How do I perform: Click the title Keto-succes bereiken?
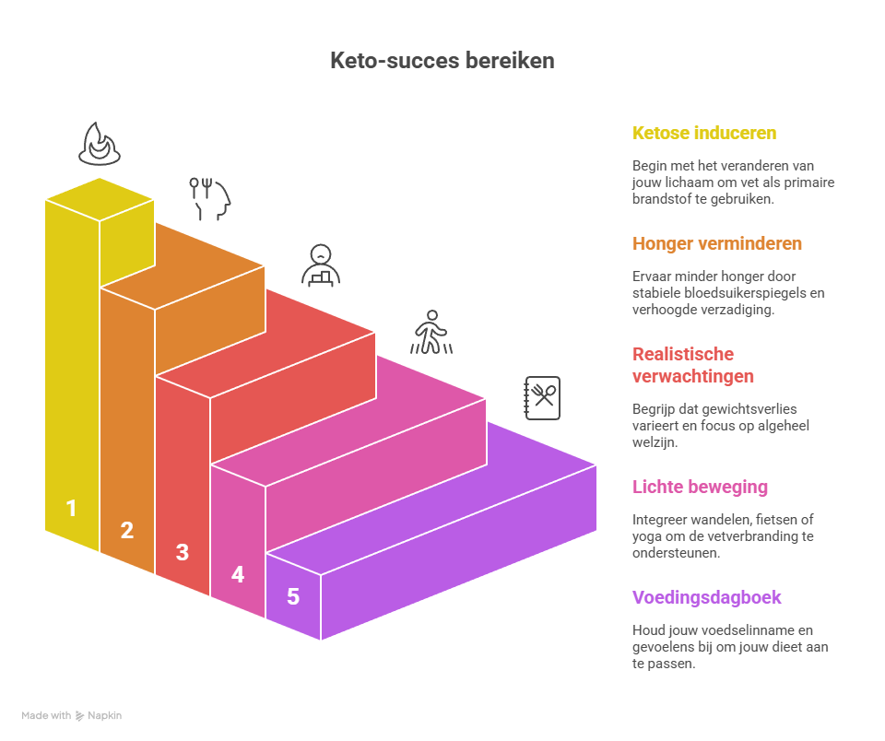click(442, 61)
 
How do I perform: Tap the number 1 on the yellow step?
click(71, 508)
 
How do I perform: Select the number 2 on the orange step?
click(127, 530)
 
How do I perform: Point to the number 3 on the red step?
click(183, 552)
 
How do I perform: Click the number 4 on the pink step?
click(238, 574)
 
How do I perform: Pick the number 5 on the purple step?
click(293, 596)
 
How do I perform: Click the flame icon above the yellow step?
click(99, 144)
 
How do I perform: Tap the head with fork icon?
click(211, 198)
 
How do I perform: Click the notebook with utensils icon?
click(542, 398)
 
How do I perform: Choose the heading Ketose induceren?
click(704, 133)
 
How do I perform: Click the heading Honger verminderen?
click(717, 243)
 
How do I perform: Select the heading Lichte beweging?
click(701, 487)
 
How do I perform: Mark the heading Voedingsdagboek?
click(707, 597)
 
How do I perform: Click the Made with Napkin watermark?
click(72, 715)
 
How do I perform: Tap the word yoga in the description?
click(646, 535)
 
